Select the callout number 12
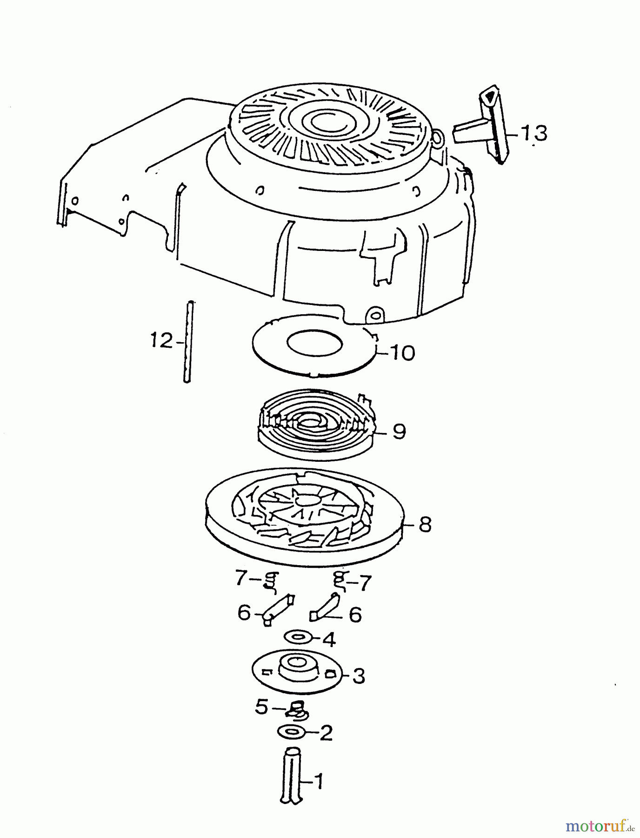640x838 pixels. coord(161,340)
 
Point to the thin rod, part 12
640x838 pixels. coord(187,342)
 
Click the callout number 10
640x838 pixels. coord(402,353)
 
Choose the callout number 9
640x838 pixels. coord(399,431)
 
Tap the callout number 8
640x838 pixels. coord(425,524)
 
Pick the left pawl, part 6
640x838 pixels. coord(278,609)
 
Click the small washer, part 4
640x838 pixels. coord(298,637)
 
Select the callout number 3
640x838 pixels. coord(359,676)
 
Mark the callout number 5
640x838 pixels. coord(261,707)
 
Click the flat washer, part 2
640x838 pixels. coord(291,731)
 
